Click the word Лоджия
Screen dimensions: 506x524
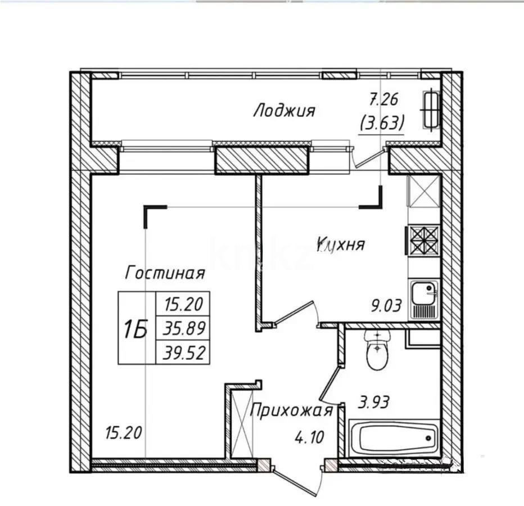point(284,110)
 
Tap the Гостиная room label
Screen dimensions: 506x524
point(164,273)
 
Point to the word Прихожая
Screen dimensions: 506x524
point(291,410)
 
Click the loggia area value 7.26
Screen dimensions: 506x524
point(383,100)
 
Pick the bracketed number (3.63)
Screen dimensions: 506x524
point(383,121)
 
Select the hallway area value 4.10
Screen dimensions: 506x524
point(309,436)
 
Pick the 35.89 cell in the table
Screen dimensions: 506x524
point(184,327)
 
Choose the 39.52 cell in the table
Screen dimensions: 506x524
point(184,353)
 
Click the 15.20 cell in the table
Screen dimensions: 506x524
point(184,304)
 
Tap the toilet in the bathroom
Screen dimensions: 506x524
point(378,350)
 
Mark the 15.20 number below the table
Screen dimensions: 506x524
point(124,433)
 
